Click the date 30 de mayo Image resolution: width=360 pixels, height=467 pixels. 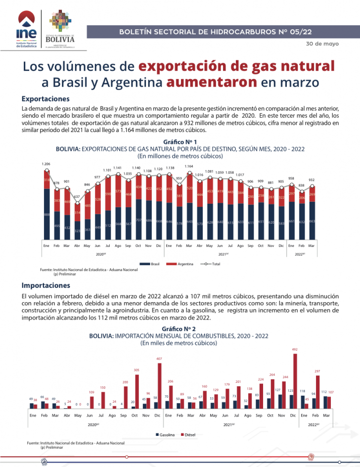[x=322, y=44]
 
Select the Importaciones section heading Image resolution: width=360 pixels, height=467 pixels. [x=46, y=285]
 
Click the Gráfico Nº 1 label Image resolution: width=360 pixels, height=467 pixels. [x=180, y=142]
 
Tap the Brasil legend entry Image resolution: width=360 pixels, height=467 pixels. [x=152, y=264]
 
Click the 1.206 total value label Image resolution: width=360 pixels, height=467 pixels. [x=46, y=164]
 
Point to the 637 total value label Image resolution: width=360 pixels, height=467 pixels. [x=77, y=197]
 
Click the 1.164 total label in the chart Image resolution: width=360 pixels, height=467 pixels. [x=189, y=166]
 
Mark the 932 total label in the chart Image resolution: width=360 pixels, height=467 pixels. [x=312, y=180]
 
